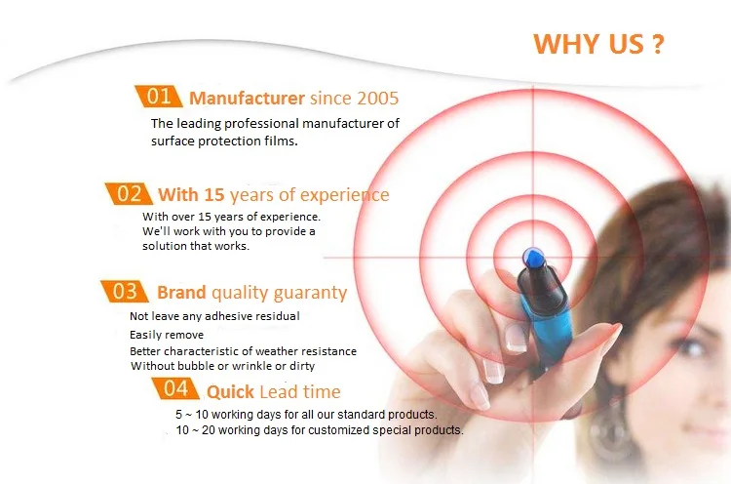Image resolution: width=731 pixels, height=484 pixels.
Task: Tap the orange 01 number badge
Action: point(158,97)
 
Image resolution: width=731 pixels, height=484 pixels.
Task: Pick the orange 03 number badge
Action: point(126,291)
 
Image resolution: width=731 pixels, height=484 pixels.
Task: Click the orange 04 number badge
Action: point(175,390)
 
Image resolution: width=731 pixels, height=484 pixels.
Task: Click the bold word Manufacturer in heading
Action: point(247,99)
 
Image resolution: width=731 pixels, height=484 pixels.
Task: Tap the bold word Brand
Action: point(181,292)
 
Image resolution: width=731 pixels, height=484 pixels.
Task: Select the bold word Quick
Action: point(230,391)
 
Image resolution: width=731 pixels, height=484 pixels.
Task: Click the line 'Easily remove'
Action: point(167,335)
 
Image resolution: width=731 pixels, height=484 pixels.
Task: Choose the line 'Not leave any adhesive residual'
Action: point(214,316)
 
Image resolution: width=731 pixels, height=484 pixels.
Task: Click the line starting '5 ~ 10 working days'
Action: point(306,415)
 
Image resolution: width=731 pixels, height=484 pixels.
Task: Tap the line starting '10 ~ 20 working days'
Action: point(320,429)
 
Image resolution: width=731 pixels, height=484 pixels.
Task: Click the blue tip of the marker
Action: point(533,259)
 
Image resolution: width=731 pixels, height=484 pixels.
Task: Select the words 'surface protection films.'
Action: point(223,141)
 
